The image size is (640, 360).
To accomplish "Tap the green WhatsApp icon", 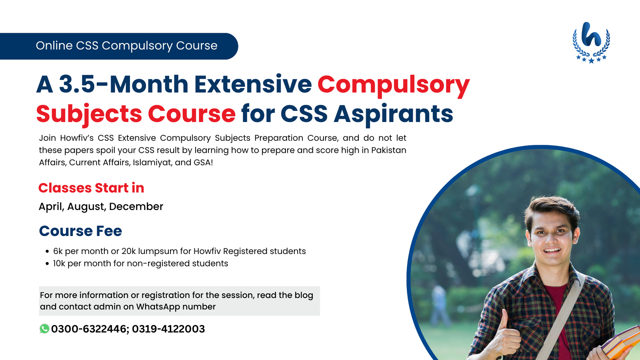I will pyautogui.click(x=44, y=329).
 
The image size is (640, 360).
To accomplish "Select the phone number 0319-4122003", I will pyautogui.click(x=168, y=329).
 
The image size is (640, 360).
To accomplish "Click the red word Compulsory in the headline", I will pyautogui.click(x=394, y=85).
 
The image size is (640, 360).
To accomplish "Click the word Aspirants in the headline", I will pyautogui.click(x=394, y=114).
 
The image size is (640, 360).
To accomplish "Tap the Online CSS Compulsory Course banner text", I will pyautogui.click(x=126, y=46).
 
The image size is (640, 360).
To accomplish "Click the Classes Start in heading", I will pyautogui.click(x=91, y=188).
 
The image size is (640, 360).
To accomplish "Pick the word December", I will pyautogui.click(x=136, y=206).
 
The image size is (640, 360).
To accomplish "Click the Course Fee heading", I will pyautogui.click(x=80, y=231).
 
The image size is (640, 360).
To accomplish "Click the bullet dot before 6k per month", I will pyautogui.click(x=47, y=252).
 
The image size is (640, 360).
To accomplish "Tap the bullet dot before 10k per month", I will pyautogui.click(x=47, y=264).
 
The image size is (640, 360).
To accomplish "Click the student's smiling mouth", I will pyautogui.click(x=552, y=250).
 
